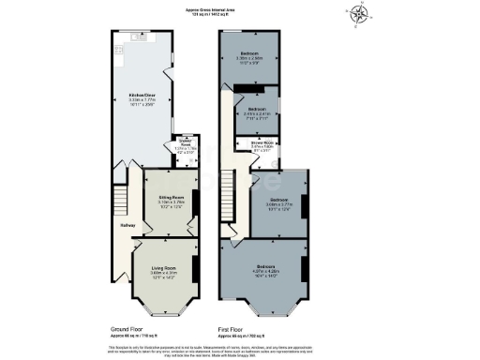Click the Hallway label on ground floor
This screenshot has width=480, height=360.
(x=127, y=226)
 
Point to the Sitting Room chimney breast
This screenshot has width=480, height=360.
(x=194, y=200)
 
